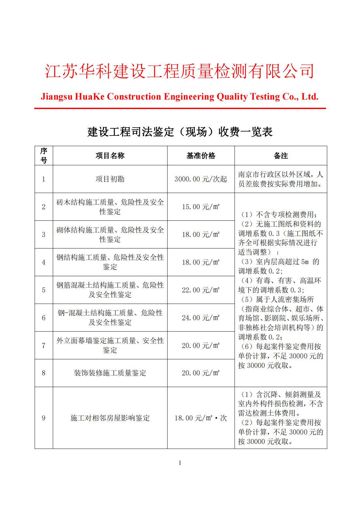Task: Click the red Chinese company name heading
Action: (x=179, y=71)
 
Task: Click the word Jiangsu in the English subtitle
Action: (x=56, y=97)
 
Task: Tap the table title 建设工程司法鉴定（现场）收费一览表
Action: (x=180, y=132)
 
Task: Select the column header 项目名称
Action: (x=110, y=156)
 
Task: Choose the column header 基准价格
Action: (x=201, y=156)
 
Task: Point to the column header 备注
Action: (x=281, y=156)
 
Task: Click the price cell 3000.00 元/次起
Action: (x=201, y=179)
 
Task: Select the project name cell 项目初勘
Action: (x=110, y=179)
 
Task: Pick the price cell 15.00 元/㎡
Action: (x=201, y=207)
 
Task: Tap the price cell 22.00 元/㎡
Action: (x=201, y=290)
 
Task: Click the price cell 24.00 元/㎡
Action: (x=201, y=318)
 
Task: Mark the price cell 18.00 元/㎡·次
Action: (x=201, y=418)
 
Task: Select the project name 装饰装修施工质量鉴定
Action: (x=110, y=373)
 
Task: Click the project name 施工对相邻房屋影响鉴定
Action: (x=110, y=418)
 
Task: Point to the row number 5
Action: (x=44, y=290)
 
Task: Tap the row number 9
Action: (x=44, y=418)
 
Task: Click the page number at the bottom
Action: (x=180, y=463)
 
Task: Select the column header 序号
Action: (x=44, y=156)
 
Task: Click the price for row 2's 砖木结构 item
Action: (x=201, y=207)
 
